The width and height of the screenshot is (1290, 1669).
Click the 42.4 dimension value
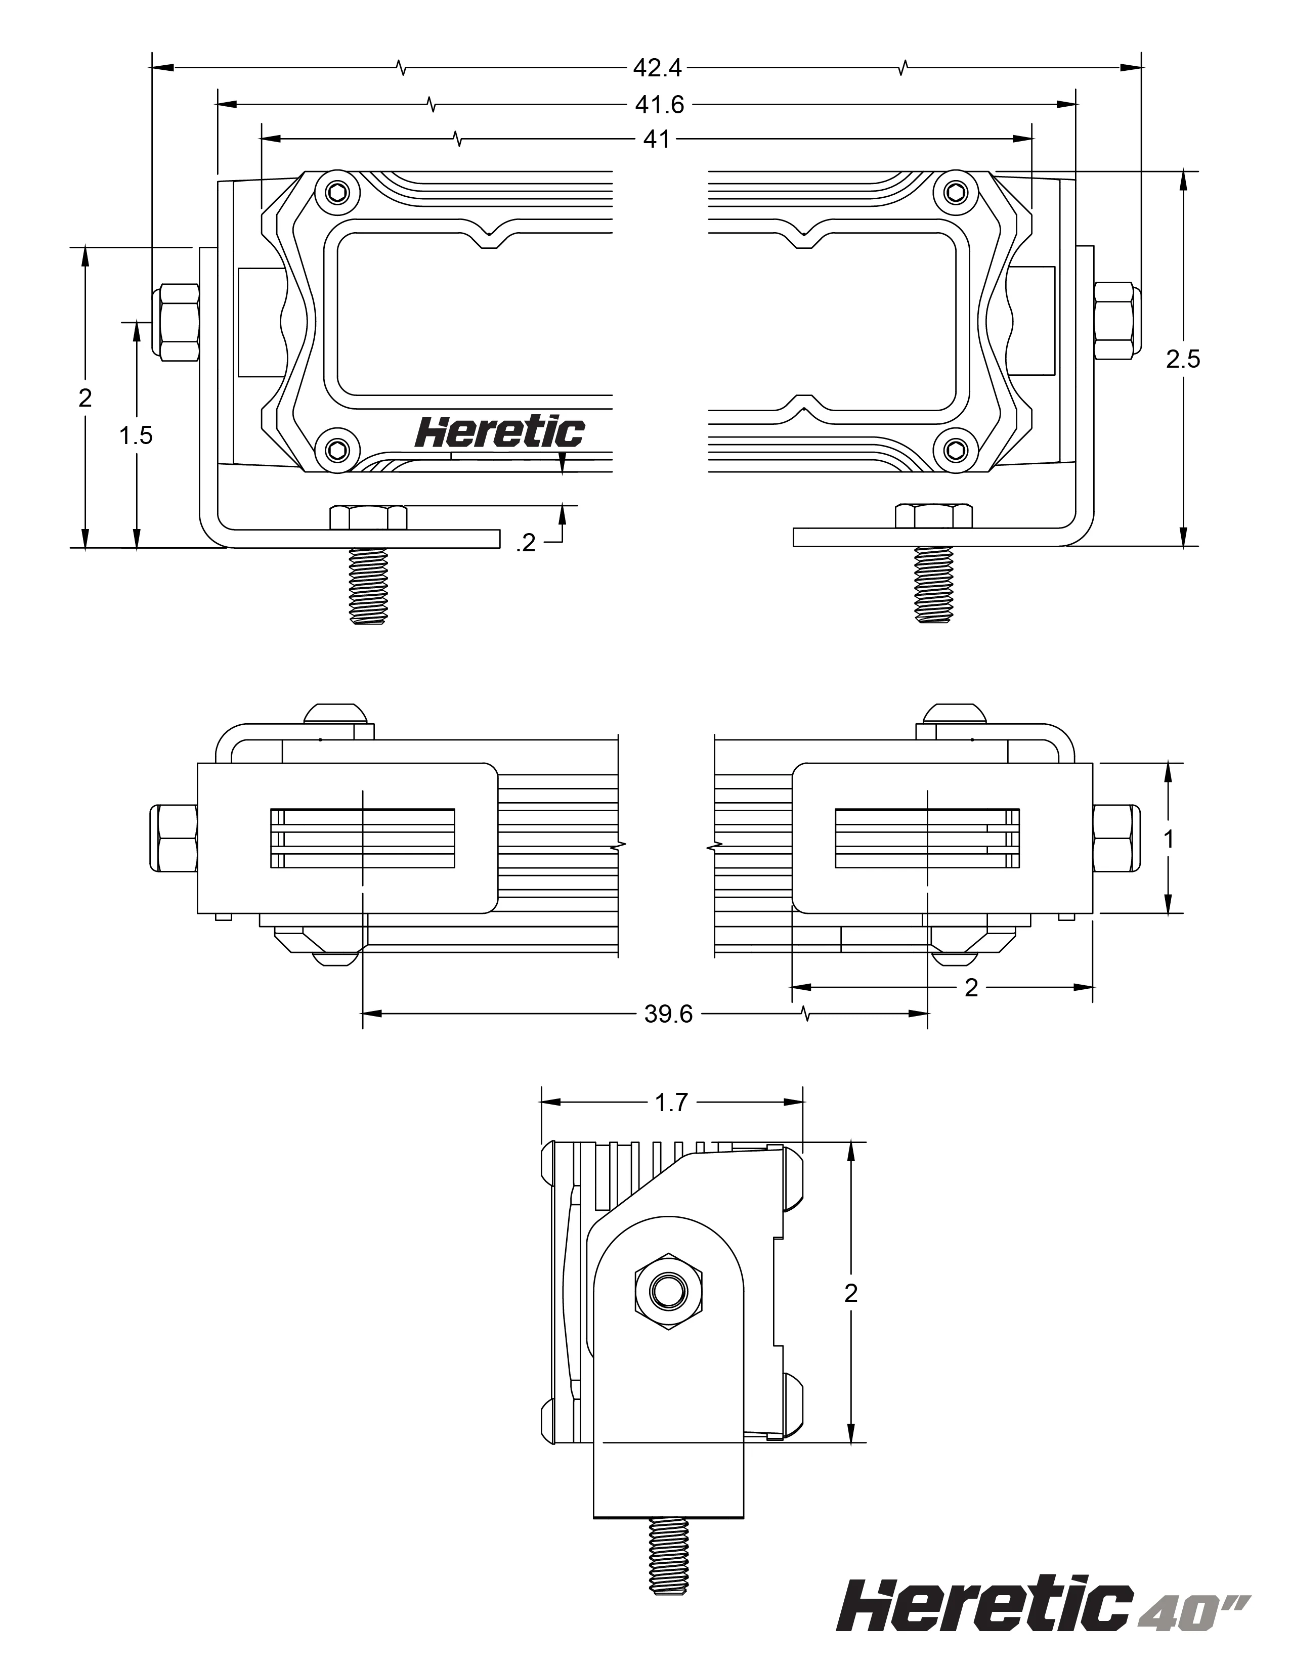coord(657,68)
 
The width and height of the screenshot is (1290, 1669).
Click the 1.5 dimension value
coord(136,435)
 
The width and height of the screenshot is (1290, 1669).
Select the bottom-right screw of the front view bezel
coord(955,449)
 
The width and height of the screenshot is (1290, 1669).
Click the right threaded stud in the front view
coord(934,585)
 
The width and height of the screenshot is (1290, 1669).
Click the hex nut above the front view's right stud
coord(933,516)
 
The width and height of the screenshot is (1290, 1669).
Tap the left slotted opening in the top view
coord(363,839)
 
